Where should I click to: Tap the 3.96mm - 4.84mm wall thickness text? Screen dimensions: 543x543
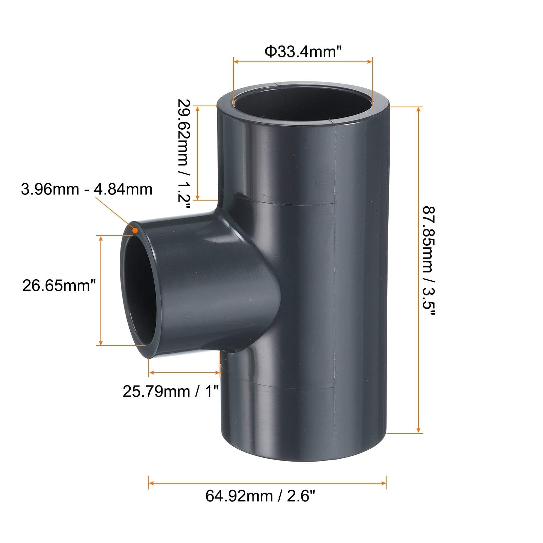tap(87, 189)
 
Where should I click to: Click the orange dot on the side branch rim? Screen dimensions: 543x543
tap(135, 230)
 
